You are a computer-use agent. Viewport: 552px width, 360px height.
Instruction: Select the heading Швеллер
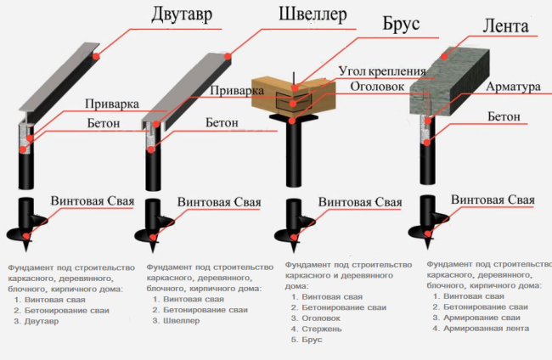313,15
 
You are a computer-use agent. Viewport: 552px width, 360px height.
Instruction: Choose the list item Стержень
323,328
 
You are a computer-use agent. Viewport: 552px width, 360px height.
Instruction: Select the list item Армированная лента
481,328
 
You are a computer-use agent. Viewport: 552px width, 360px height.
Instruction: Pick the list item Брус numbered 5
312,339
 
